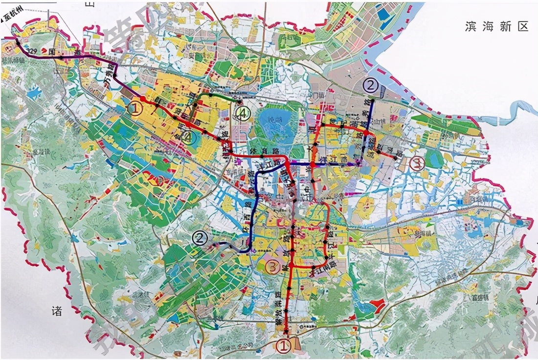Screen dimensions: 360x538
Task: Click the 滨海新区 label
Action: (x=496, y=27)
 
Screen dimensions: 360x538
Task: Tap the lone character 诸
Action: (x=57, y=311)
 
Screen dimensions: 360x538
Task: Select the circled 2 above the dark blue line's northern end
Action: (x=371, y=86)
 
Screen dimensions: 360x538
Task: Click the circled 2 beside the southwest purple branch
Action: (x=200, y=238)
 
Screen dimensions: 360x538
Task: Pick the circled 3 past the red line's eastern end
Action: (x=416, y=163)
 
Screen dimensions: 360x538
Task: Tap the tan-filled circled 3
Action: (x=273, y=267)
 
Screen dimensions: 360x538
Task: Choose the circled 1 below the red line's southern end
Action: (x=284, y=346)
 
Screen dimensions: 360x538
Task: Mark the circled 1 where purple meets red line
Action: (x=135, y=108)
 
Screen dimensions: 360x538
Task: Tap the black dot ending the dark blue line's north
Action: (x=372, y=100)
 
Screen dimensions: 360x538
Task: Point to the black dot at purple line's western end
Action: (x=18, y=42)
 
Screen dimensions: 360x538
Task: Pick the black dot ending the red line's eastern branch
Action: (x=396, y=157)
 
